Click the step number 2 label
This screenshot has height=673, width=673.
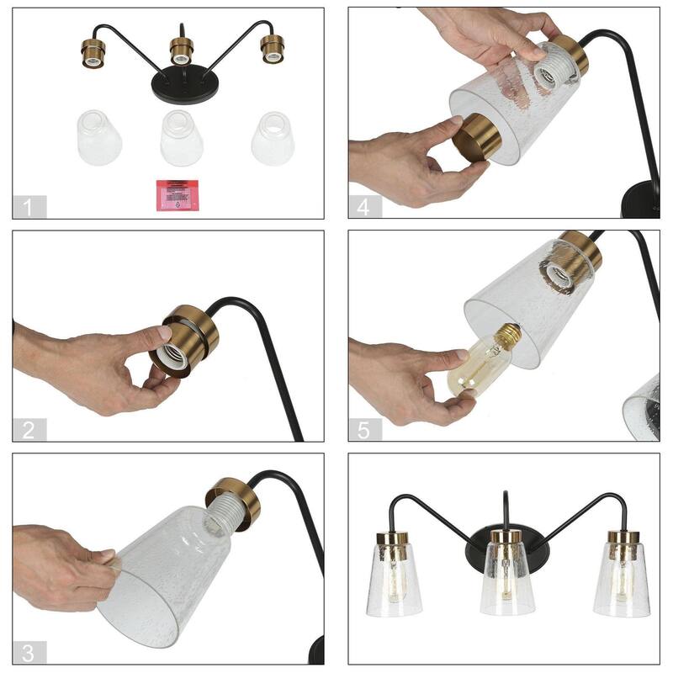(29, 430)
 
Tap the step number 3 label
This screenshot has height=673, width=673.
(29, 652)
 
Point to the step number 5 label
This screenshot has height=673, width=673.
(364, 430)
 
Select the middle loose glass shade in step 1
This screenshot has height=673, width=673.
(182, 138)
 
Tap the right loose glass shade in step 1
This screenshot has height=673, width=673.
(273, 138)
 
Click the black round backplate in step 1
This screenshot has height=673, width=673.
(183, 85)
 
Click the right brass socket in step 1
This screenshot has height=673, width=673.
(271, 48)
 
